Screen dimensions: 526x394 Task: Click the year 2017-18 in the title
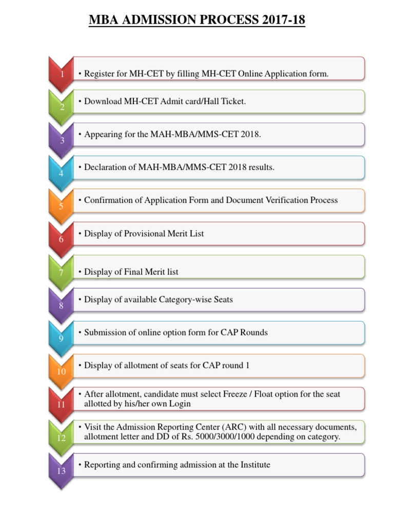283,20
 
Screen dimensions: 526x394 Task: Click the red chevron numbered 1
62,73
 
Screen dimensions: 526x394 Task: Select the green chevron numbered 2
62,106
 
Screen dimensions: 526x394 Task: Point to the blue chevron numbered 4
62,173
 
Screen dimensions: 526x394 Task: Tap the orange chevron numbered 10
62,370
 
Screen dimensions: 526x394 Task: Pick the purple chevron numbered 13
62,469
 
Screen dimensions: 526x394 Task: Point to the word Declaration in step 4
106,167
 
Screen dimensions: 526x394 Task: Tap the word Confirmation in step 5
109,200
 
